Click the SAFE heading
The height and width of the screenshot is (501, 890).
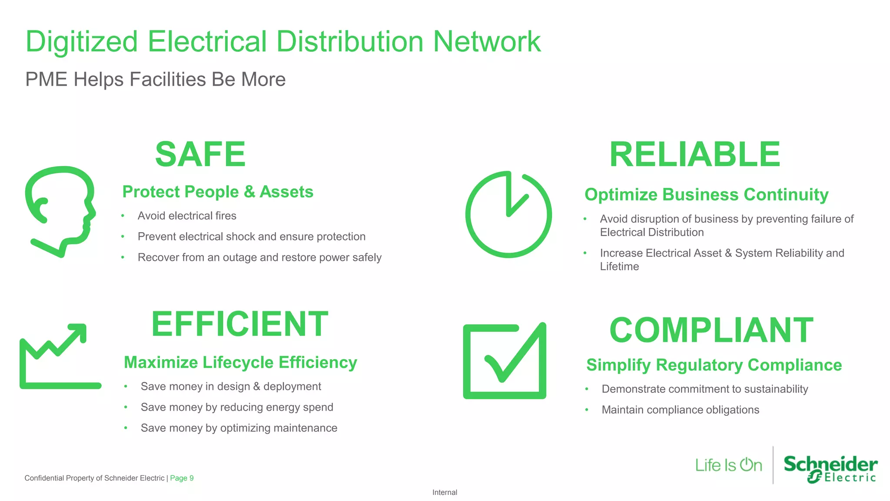tap(200, 154)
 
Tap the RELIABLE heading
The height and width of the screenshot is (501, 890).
tap(694, 154)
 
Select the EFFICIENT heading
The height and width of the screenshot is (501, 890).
tap(239, 324)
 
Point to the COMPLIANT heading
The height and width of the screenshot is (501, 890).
tap(711, 330)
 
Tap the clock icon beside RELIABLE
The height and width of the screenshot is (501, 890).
tap(508, 214)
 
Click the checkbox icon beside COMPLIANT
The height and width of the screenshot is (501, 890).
tap(505, 361)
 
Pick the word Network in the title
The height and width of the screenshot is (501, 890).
tap(487, 42)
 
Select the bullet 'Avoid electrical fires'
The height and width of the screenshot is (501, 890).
tap(187, 216)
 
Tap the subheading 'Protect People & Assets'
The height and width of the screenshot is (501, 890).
tap(218, 192)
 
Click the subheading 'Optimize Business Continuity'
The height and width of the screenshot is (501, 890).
tap(706, 194)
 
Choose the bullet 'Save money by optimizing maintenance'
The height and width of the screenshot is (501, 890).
tap(239, 428)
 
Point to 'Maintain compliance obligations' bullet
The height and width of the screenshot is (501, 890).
tap(680, 410)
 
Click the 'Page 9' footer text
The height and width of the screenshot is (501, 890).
tap(182, 478)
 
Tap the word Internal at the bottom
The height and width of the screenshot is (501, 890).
tap(445, 492)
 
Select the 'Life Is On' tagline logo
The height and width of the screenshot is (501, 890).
tap(728, 465)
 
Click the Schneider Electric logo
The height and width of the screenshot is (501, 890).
tap(830, 469)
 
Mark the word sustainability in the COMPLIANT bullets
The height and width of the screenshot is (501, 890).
tap(776, 389)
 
